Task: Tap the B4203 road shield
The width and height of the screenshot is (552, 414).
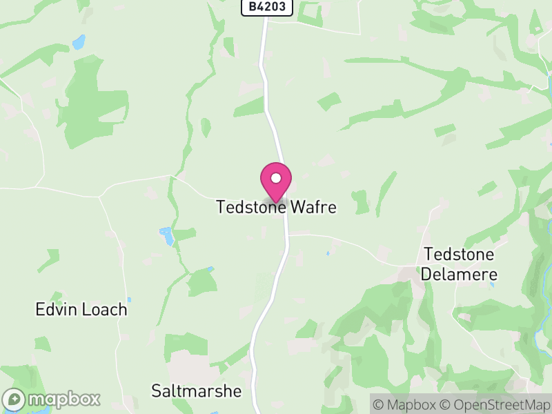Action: tap(268, 8)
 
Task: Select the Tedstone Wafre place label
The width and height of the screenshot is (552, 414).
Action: tap(276, 207)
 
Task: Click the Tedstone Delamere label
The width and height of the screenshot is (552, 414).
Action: tap(460, 264)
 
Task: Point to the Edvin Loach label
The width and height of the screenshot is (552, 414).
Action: tap(81, 309)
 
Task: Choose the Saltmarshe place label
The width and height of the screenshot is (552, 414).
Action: tap(197, 391)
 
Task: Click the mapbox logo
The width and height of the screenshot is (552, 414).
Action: tap(52, 399)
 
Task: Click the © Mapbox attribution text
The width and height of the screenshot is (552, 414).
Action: tap(407, 404)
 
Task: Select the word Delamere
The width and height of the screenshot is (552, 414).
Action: tap(460, 275)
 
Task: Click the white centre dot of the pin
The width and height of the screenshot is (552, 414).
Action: tap(276, 178)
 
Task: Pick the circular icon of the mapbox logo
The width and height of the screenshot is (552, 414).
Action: tap(14, 399)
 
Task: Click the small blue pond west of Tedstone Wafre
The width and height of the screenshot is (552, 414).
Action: tap(167, 237)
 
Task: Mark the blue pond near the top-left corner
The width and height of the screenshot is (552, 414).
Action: tap(79, 42)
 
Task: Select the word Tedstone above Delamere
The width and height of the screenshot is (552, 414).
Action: tap(460, 254)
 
